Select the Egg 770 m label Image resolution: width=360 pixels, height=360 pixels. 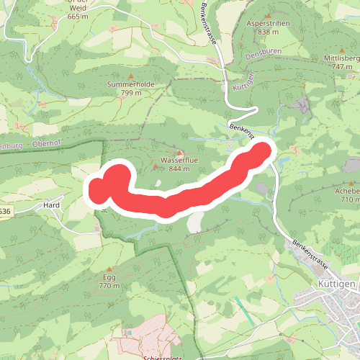[x=109, y=282]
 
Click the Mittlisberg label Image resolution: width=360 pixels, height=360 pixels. [x=341, y=58]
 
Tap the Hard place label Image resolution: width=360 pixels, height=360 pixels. [x=51, y=205]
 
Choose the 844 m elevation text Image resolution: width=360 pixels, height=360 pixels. [x=179, y=168]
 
